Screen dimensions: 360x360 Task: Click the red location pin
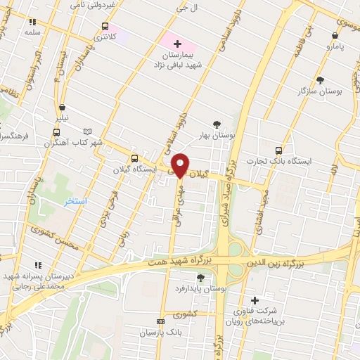[181, 165]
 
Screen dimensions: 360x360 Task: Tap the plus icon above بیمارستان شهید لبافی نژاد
[177, 44]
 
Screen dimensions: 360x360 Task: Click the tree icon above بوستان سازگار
[320, 80]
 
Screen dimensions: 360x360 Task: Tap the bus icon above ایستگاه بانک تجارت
[279, 150]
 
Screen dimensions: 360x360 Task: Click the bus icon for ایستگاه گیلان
[134, 157]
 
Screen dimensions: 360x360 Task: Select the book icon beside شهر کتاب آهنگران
[87, 131]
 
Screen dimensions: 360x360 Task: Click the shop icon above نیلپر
[63, 108]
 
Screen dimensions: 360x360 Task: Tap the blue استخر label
[75, 202]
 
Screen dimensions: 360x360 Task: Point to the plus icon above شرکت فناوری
[255, 300]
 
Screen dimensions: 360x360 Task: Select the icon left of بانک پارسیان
[160, 321]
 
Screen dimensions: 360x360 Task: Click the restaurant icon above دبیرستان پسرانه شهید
[37, 265]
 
